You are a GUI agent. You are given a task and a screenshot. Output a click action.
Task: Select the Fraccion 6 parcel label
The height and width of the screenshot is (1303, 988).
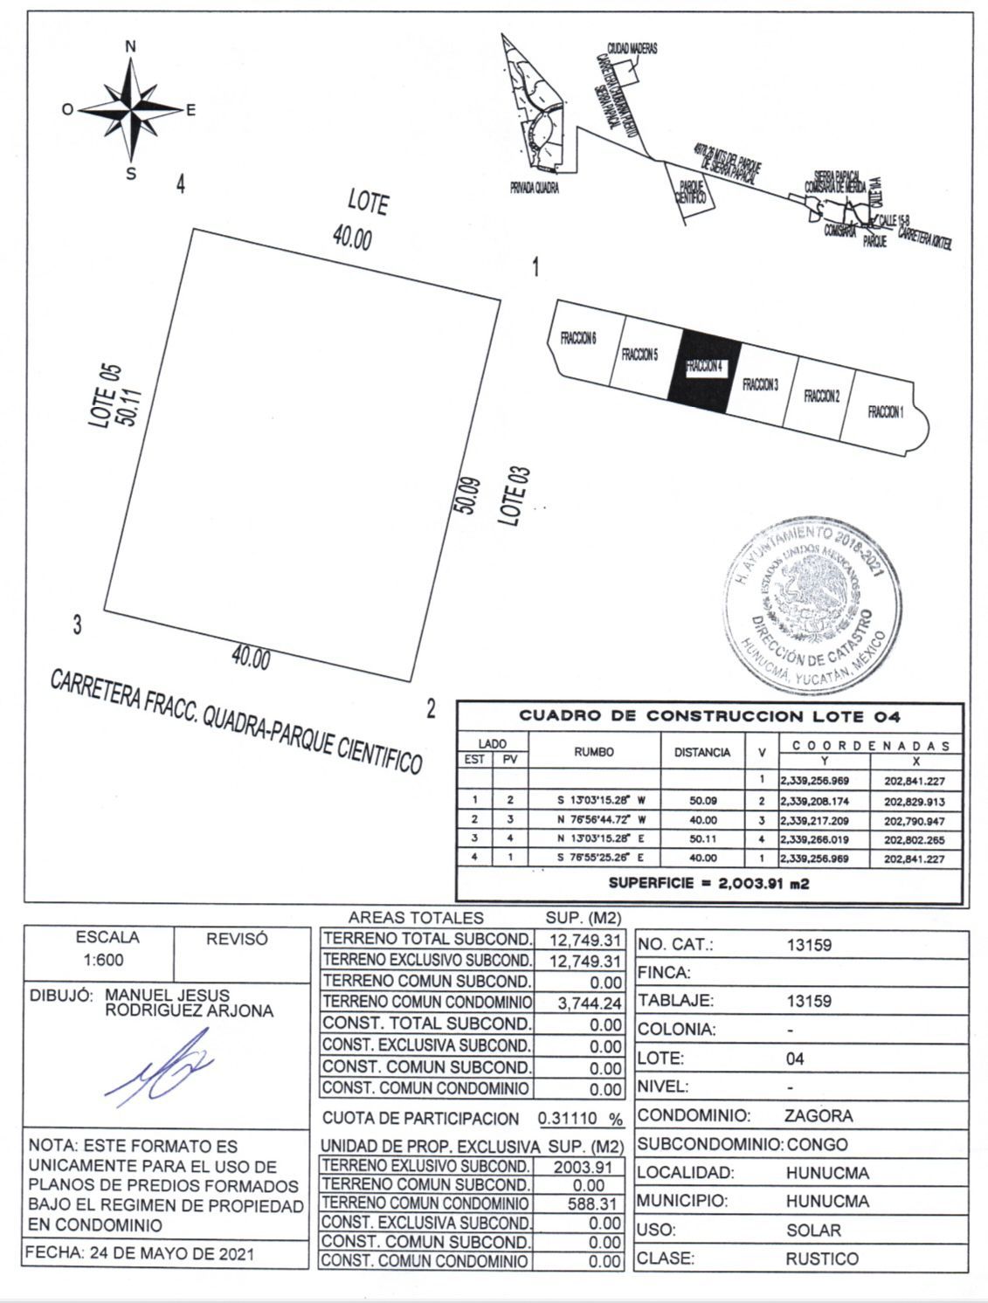coord(577,339)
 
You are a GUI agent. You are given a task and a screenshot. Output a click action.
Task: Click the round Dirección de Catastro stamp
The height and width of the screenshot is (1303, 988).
coord(811,603)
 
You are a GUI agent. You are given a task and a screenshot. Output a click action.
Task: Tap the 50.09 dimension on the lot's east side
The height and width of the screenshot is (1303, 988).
coord(471,497)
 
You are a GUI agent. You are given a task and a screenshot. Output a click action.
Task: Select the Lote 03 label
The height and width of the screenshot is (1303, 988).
coord(515,497)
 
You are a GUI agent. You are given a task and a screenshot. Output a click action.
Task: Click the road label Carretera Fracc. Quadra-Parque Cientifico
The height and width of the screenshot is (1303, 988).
coord(236,720)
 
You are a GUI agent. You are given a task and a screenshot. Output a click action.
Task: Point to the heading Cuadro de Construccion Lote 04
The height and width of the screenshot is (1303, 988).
coord(709,716)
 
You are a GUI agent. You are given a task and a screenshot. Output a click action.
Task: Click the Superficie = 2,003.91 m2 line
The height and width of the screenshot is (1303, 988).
coord(708,883)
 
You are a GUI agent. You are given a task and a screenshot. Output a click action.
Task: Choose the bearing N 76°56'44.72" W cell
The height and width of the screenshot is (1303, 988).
coord(594,820)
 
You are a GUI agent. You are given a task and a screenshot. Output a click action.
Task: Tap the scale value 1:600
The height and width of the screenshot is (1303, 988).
coord(99,961)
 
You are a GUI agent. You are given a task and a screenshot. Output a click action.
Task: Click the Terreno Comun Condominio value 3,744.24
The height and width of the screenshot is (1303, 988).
coord(590,1004)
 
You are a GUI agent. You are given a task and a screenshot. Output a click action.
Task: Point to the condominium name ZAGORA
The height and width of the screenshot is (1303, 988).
coord(819,1115)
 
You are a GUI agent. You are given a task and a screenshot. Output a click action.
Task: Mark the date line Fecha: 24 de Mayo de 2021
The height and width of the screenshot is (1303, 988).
coord(142,1254)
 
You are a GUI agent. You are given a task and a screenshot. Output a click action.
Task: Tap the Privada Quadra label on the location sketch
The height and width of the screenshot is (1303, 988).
coord(535,188)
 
